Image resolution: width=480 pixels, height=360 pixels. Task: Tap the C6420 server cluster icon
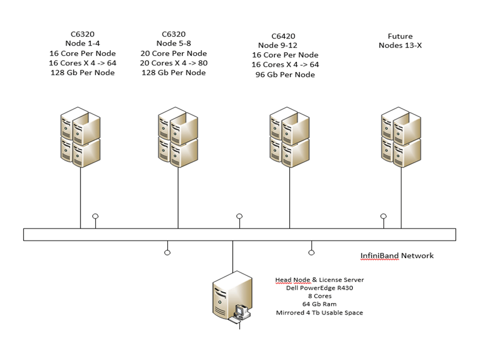(x=289, y=137)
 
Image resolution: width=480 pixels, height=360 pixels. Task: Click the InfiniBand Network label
(x=397, y=256)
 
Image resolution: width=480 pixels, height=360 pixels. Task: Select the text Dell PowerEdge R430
(x=319, y=287)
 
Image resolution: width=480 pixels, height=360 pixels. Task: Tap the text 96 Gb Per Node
(x=284, y=75)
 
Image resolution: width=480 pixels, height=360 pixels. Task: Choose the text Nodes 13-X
(x=401, y=45)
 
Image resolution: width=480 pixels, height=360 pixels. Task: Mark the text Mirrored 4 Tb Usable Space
(x=319, y=313)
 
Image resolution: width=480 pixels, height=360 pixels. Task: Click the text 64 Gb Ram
(x=319, y=304)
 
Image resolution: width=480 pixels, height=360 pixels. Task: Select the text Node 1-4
(x=83, y=43)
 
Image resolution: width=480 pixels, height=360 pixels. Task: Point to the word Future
(x=401, y=36)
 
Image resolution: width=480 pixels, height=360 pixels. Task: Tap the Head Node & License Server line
(x=319, y=280)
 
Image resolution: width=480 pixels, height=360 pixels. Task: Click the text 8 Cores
(x=319, y=296)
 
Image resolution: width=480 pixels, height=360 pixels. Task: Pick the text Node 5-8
(x=176, y=44)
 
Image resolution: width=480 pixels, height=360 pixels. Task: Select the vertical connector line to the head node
(x=232, y=255)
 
